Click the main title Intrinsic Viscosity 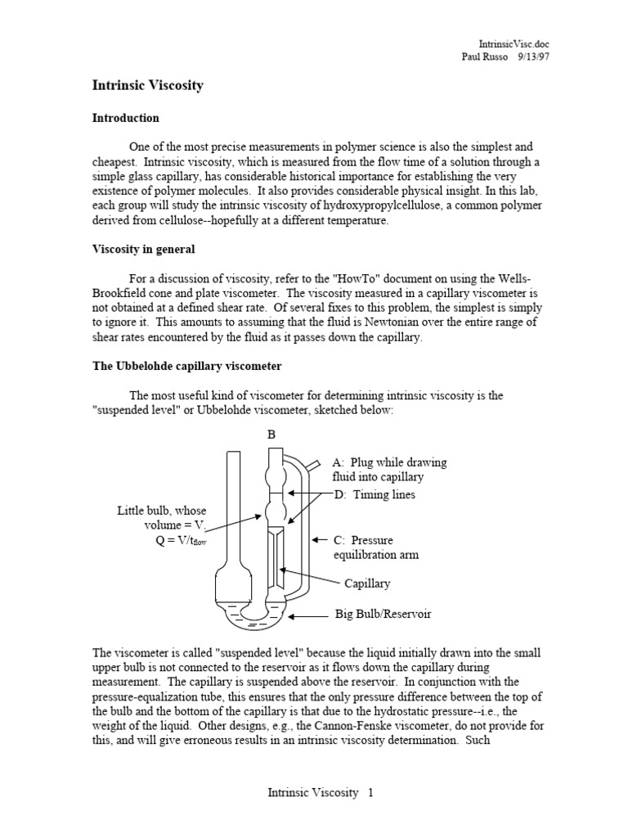point(147,85)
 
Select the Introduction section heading point(125,118)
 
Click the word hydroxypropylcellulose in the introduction point(366,206)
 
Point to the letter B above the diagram point(271,435)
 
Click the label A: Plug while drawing point(389,462)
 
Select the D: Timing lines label point(375,494)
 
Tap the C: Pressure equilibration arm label point(375,547)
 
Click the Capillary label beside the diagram point(367,583)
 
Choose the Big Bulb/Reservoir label point(383,614)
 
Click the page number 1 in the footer point(370,793)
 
